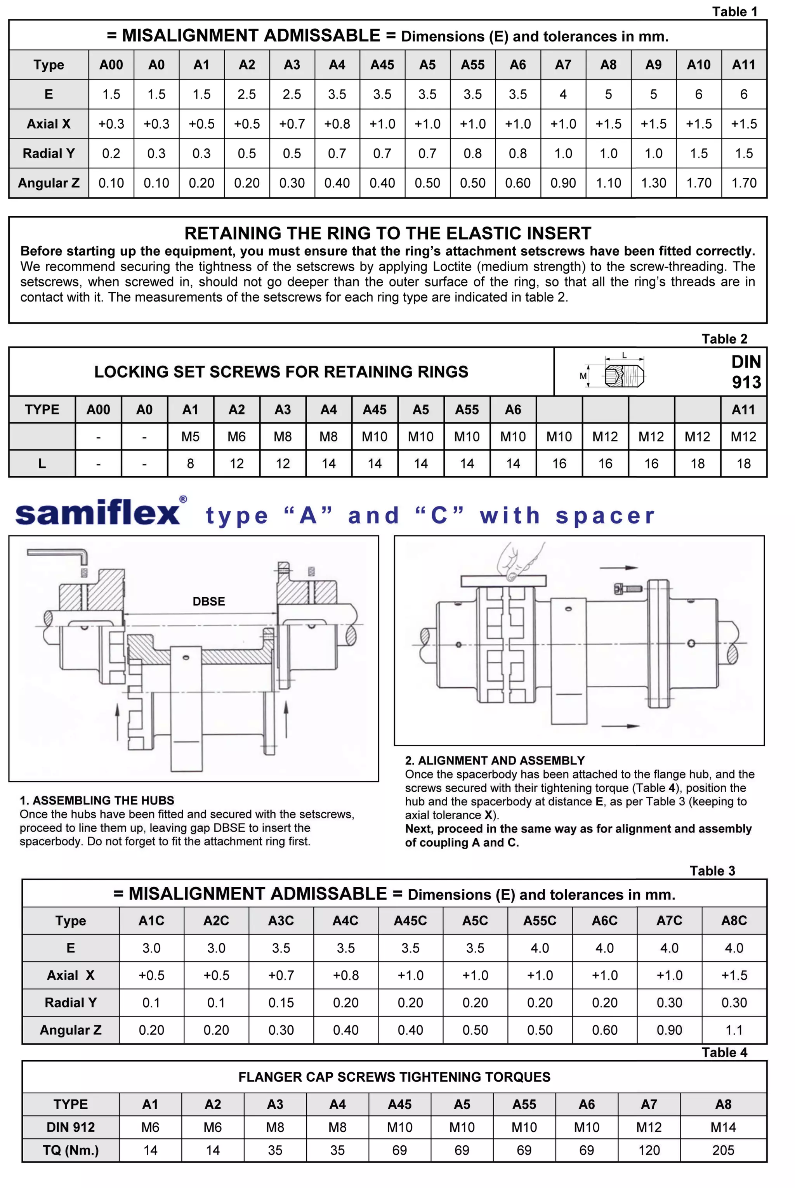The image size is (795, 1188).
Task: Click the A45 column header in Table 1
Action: coord(382,65)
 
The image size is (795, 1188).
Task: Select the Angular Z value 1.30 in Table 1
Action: coord(654,183)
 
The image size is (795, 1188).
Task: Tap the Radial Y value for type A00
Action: coord(111,154)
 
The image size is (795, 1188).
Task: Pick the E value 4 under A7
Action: coord(563,94)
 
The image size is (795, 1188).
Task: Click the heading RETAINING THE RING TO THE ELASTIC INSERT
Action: coord(388,233)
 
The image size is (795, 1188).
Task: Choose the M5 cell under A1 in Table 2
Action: coord(190,437)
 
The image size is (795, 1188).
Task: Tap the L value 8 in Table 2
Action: coord(190,464)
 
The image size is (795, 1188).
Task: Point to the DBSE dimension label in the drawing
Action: coord(208,602)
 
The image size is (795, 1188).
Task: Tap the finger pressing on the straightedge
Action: coord(517,563)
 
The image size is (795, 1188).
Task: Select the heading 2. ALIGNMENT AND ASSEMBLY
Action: coord(495,760)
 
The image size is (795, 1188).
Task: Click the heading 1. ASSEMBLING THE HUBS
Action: coord(97,800)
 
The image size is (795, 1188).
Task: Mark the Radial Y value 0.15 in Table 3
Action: coord(281,1002)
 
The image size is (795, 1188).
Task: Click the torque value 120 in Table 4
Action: coord(649,1150)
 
